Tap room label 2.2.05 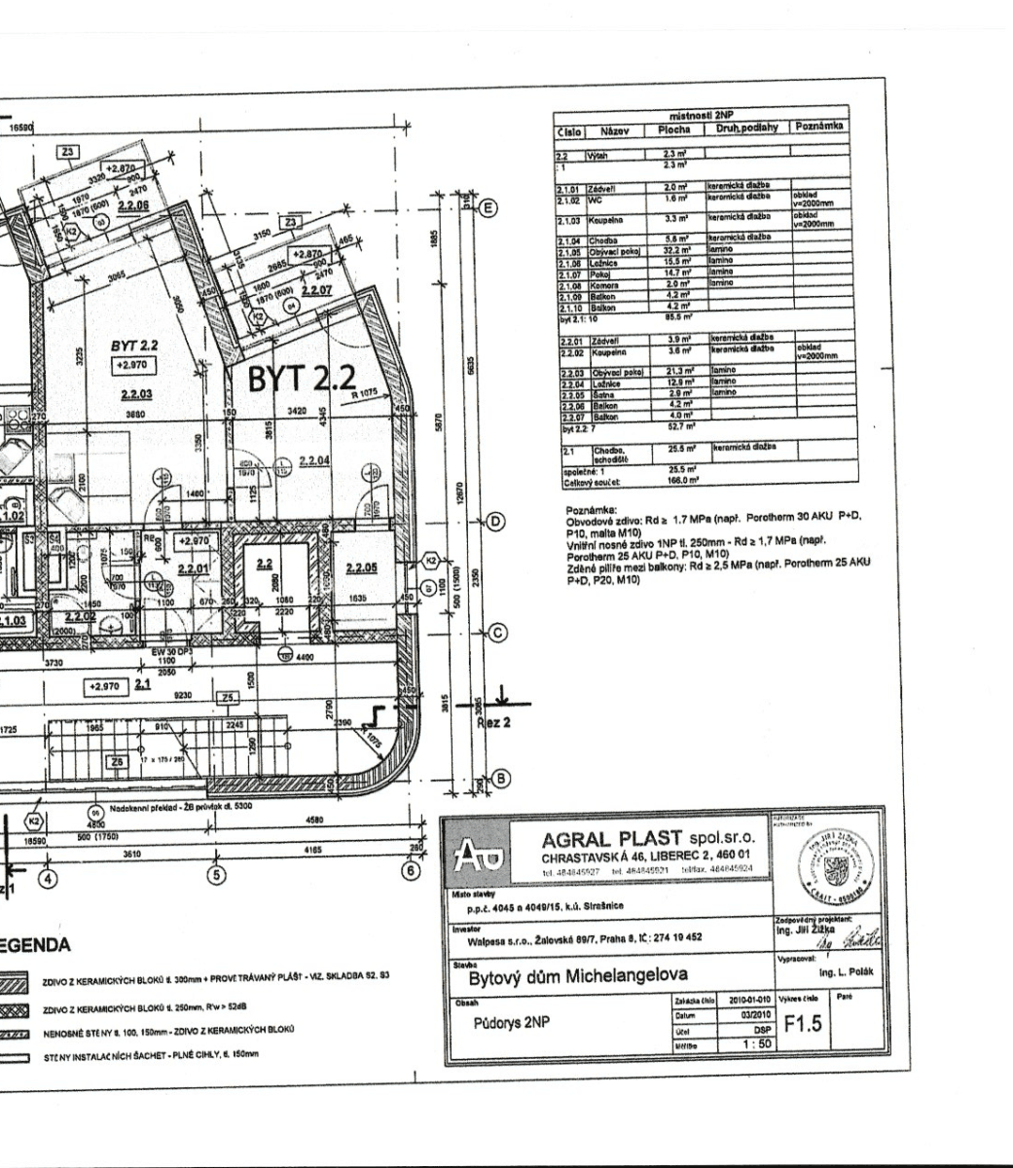click(x=361, y=568)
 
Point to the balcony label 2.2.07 click(x=316, y=290)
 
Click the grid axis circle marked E click(x=488, y=207)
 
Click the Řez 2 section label click(x=493, y=723)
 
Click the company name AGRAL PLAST click(x=609, y=838)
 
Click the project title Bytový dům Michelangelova click(x=578, y=975)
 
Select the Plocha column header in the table click(x=673, y=128)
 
